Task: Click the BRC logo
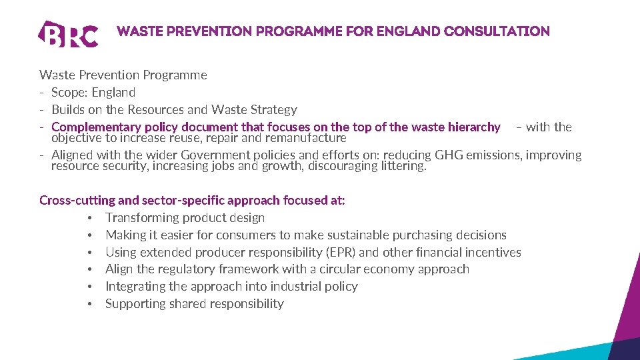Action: point(69,34)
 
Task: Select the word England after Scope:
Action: point(113,93)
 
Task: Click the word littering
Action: point(401,166)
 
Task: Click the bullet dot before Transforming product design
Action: point(89,218)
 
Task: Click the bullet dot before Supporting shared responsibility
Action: point(89,304)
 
